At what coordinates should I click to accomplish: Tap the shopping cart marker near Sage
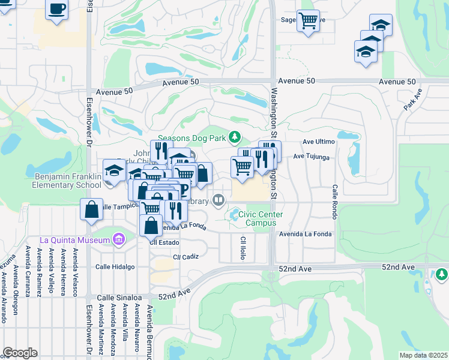coord(308,22)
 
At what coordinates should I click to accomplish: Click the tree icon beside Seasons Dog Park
coord(235,137)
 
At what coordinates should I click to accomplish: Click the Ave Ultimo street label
coord(318,142)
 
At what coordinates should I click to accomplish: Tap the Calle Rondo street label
coord(334,202)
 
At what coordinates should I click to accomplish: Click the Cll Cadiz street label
coord(185,256)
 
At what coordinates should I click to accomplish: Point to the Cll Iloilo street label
coord(243,248)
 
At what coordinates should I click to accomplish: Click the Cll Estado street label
coord(161,243)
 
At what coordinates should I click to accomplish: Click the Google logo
coord(20,353)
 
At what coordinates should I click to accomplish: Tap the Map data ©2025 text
coord(423,355)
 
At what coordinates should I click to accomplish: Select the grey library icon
coord(219,200)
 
